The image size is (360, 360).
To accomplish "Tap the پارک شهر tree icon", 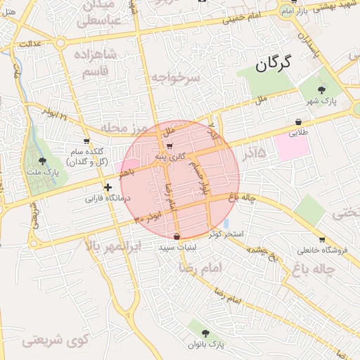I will [322, 89].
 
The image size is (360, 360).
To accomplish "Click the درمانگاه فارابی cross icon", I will [108, 188].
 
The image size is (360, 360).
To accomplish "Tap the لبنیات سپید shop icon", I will [176, 236].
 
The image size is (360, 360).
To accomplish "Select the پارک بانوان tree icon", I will [205, 333].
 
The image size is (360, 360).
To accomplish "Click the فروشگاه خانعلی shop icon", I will [321, 240].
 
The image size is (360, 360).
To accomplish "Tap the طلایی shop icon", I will [298, 121].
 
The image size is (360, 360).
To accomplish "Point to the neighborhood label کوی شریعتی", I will [55, 341].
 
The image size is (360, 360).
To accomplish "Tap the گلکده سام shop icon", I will [86, 141].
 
